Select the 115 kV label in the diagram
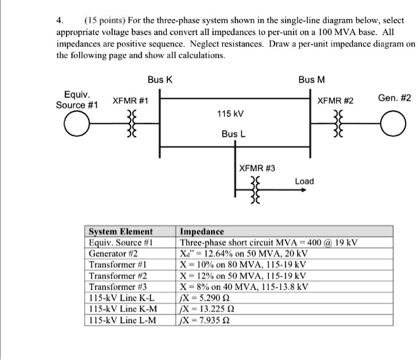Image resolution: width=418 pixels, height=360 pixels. click(x=230, y=114)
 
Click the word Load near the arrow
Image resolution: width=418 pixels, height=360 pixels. click(x=304, y=181)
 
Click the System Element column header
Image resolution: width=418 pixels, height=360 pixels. click(x=121, y=232)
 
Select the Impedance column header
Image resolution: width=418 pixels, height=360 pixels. click(x=200, y=232)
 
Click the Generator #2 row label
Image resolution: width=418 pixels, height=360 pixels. click(x=113, y=254)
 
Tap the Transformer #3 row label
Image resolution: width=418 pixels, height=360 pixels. click(x=118, y=287)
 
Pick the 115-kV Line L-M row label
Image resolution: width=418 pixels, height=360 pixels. click(x=123, y=320)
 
